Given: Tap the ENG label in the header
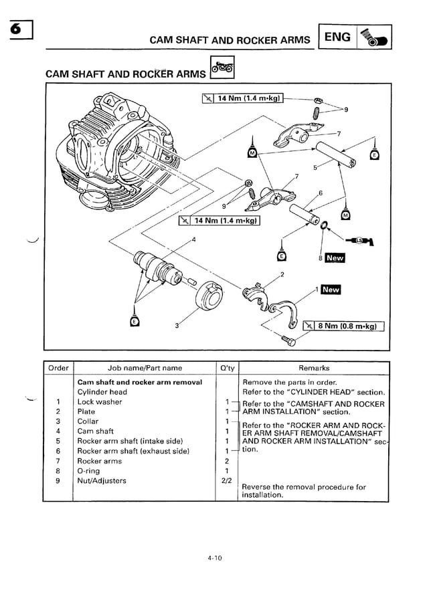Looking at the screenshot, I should coord(337,37).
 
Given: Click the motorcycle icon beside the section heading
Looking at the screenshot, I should coord(222,68).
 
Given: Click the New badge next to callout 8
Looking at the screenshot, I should coord(334,258).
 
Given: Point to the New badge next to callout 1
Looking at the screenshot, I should coord(331,290).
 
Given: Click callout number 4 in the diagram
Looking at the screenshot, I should coord(193,239).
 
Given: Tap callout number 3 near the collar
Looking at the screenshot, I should coord(176,326).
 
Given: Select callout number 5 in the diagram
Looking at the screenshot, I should coord(315,167).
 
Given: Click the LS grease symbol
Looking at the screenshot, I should coord(361,241).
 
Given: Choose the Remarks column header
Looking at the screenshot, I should coord(314,368).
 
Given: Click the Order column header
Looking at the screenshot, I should coord(58,368).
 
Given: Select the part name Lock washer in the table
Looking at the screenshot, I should coord(100,402).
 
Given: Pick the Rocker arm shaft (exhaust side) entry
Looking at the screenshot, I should coord(133,451).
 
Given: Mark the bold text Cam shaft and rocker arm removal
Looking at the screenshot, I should coord(139,382).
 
